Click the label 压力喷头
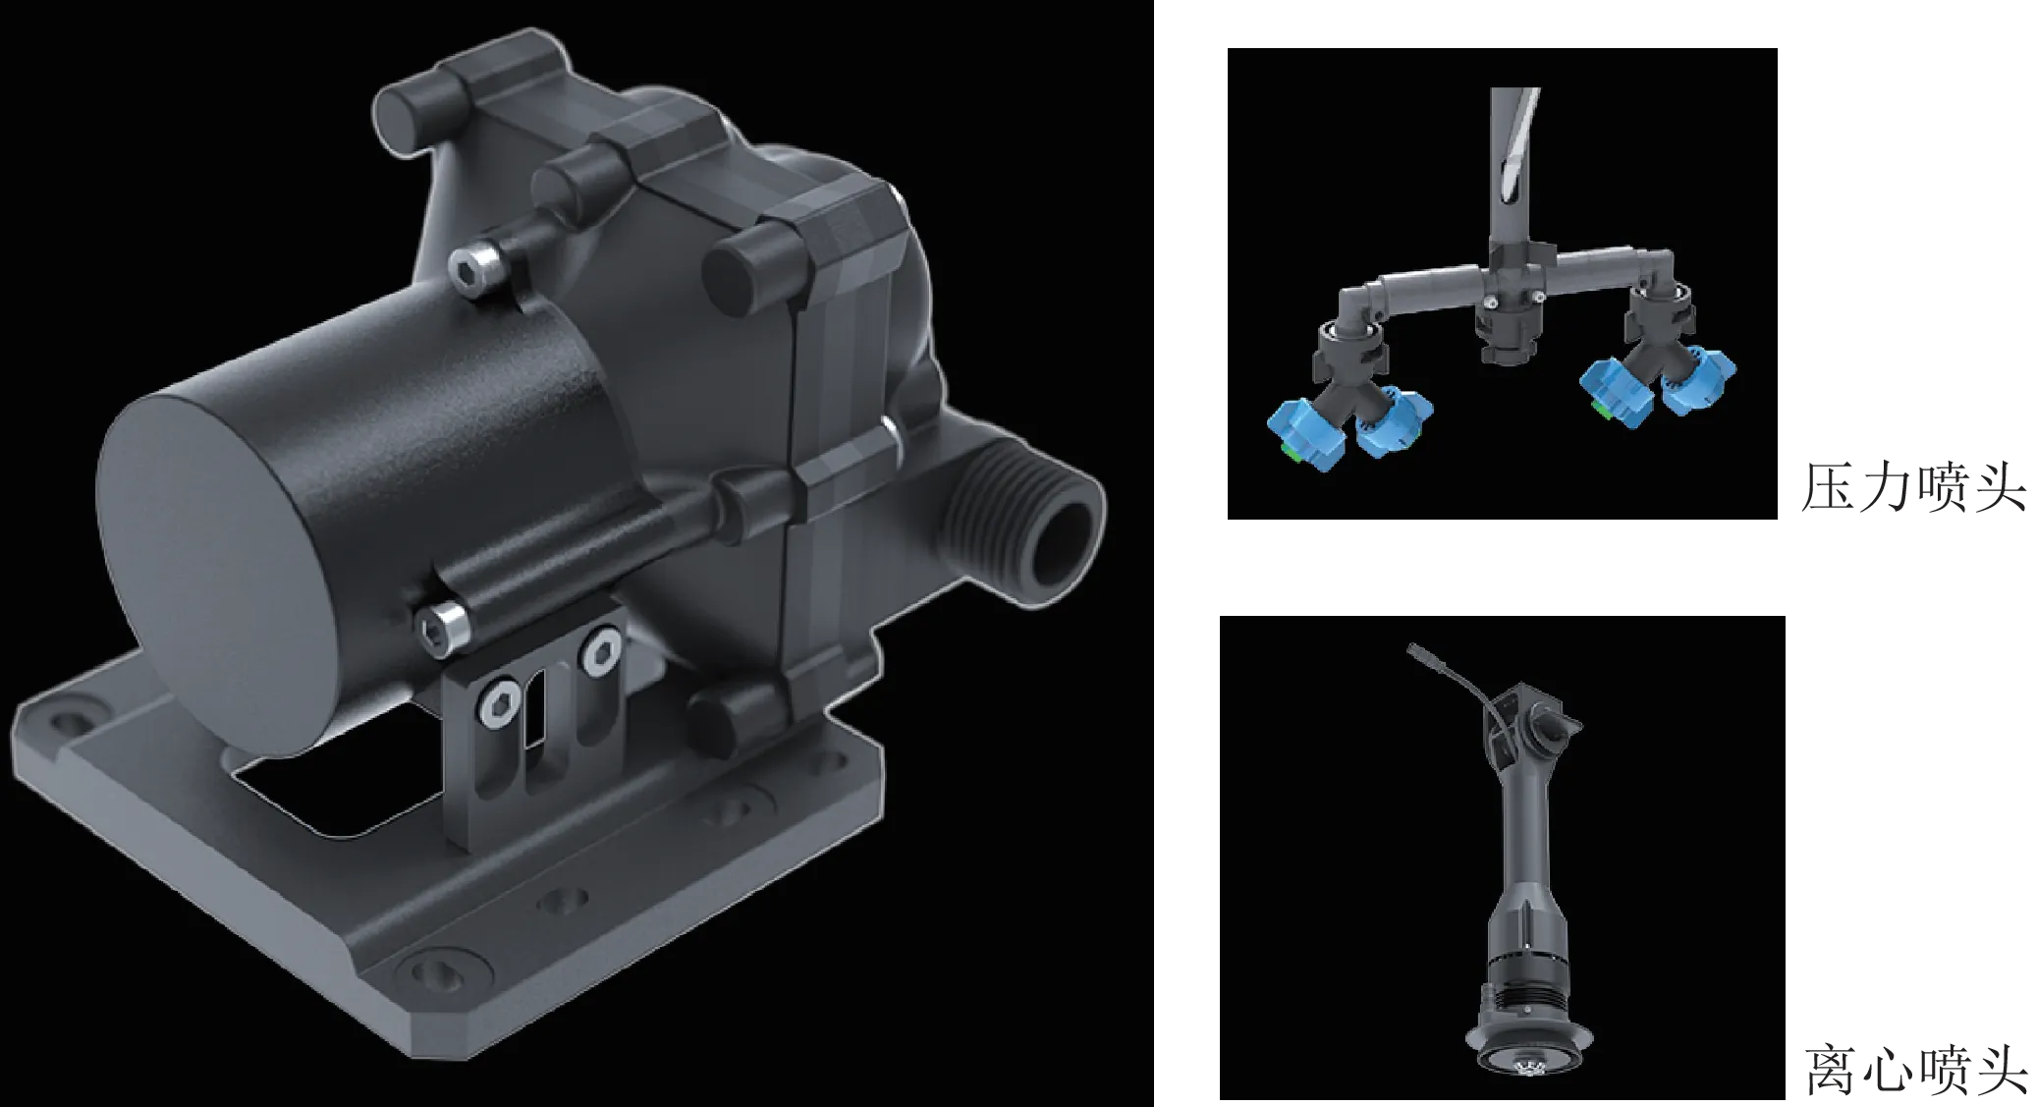pyautogui.click(x=1914, y=487)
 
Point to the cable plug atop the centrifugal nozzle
pyautogui.click(x=1416, y=651)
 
